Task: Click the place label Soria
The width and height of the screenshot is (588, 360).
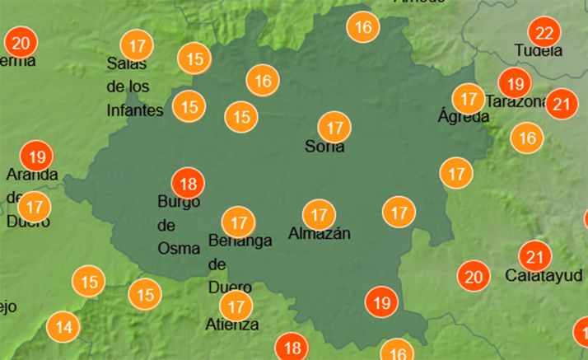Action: tap(324, 147)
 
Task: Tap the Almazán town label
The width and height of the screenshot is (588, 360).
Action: tap(320, 234)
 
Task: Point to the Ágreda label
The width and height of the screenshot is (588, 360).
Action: tap(463, 117)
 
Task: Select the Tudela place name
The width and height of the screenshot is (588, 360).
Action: tap(539, 51)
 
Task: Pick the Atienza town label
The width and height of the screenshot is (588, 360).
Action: tap(232, 325)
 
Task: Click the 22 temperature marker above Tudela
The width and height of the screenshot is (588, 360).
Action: tap(544, 34)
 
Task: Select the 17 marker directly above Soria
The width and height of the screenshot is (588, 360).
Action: tap(334, 129)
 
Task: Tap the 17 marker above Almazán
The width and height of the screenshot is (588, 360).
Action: tap(319, 214)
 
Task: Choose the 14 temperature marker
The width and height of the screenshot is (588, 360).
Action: tap(63, 327)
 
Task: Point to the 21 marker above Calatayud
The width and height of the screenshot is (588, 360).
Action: tap(535, 255)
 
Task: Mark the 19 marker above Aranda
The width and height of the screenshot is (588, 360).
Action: tap(35, 155)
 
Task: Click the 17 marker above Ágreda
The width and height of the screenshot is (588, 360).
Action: tap(469, 100)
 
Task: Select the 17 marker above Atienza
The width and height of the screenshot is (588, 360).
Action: tap(237, 306)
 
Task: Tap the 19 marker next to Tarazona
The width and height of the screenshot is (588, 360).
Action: tap(515, 84)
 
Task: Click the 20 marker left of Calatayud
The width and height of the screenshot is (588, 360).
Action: tap(473, 277)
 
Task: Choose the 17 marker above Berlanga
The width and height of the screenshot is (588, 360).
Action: tap(239, 222)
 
